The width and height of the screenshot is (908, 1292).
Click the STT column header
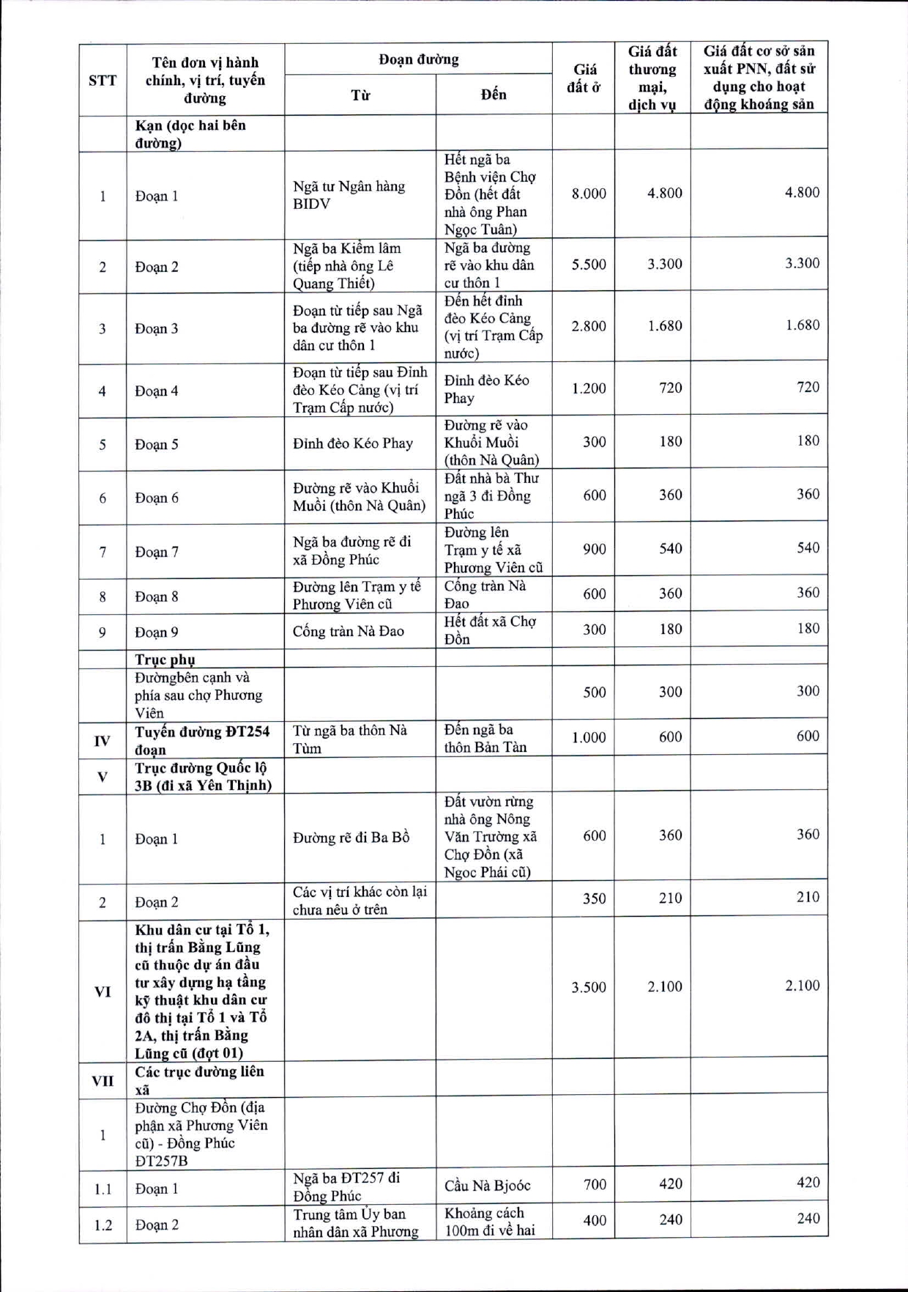103,80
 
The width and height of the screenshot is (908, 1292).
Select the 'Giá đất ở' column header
584,78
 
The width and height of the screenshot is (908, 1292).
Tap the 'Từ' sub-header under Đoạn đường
360,95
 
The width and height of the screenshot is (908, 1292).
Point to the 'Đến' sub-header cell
494,95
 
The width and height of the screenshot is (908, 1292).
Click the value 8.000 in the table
589,193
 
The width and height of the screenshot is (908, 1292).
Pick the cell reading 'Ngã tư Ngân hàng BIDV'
349,195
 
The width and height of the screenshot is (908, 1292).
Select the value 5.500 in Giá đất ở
589,265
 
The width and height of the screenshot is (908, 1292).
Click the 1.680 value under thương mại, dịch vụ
664,325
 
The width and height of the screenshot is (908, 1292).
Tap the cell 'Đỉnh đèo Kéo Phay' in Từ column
353,443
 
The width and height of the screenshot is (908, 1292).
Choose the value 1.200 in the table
589,388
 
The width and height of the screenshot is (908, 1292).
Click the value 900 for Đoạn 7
594,549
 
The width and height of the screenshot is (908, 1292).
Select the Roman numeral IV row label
103,741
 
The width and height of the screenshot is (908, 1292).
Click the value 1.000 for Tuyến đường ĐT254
589,738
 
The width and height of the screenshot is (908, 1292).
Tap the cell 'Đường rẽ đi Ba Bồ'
351,838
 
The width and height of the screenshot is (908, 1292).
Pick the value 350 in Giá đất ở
594,898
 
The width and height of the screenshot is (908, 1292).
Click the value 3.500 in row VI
589,987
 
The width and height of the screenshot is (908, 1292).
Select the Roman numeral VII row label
103,1081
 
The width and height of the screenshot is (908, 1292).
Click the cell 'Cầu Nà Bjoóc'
487,1186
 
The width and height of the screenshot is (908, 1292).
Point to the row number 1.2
103,1225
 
